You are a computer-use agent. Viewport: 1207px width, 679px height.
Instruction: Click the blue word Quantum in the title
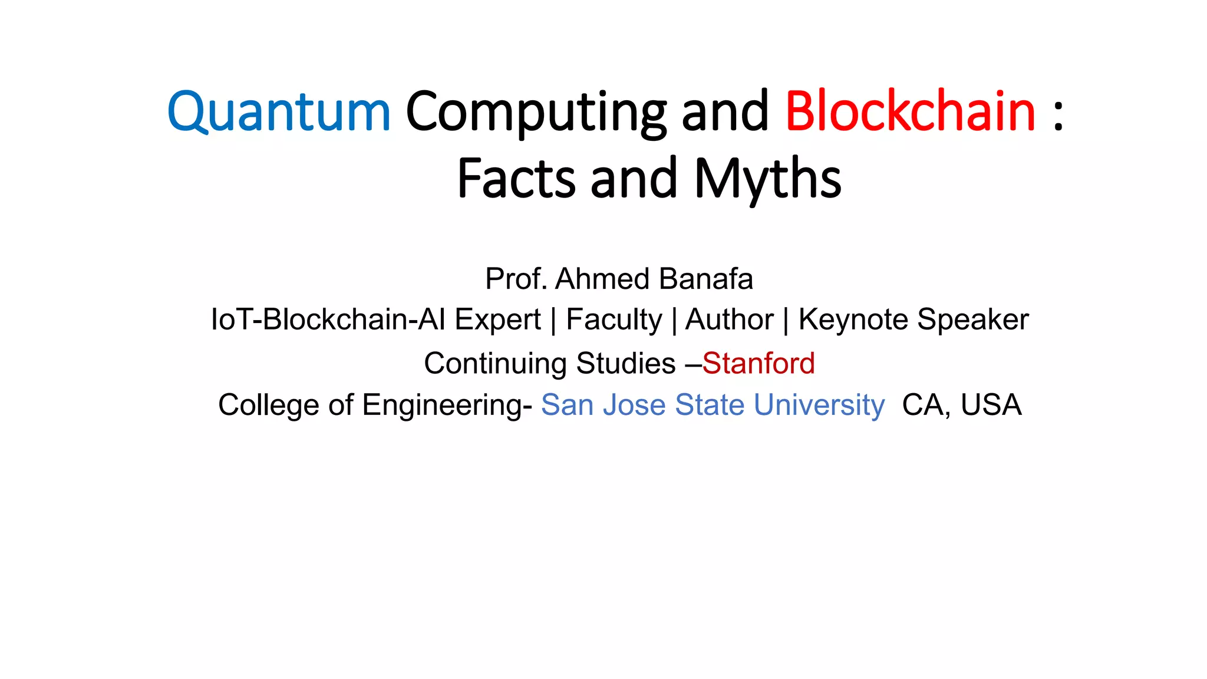(x=279, y=112)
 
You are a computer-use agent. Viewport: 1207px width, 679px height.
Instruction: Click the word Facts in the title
(x=516, y=179)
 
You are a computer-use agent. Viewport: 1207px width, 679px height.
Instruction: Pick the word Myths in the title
(x=768, y=179)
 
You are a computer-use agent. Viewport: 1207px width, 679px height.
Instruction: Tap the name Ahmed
(x=603, y=279)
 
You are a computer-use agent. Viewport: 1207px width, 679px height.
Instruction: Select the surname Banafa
(x=706, y=279)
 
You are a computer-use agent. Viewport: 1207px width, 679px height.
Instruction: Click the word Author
(x=729, y=320)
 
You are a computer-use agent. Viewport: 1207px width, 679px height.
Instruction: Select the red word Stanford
(x=759, y=363)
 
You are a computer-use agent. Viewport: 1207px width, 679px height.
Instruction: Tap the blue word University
(x=819, y=406)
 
